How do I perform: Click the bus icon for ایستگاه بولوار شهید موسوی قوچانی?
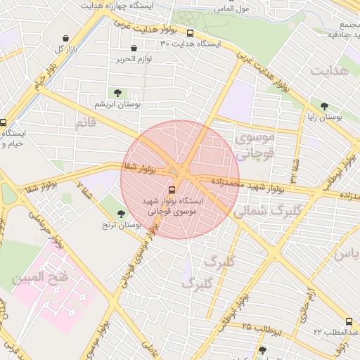click(172, 189)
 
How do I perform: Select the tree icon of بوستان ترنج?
click(122, 214)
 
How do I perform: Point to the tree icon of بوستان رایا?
click(323, 107)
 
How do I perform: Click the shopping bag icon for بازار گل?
click(65, 39)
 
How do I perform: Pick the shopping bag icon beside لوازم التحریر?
click(134, 48)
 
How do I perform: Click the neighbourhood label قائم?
click(85, 124)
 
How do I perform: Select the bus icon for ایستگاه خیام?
click(3, 122)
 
